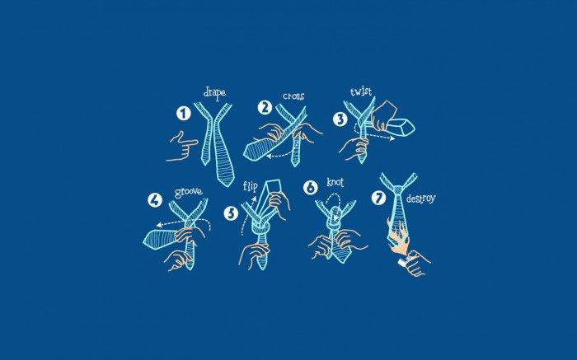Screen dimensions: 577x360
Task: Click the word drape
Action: coord(214,92)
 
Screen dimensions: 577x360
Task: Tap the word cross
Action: coord(293,96)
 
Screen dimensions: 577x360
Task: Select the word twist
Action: coord(361,91)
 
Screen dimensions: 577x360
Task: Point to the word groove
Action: coord(189,192)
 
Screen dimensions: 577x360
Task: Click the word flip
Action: coord(251,186)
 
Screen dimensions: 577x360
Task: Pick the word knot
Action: coord(335,182)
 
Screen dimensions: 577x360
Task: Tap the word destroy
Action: coord(420,199)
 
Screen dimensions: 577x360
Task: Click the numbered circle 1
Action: coord(183,113)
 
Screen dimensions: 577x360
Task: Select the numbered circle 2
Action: coord(265,107)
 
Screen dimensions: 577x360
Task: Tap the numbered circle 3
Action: coord(340,119)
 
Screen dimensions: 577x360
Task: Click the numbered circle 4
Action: coord(155,200)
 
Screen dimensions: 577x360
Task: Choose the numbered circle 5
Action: coord(231,213)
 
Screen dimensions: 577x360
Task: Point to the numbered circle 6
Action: coord(310,188)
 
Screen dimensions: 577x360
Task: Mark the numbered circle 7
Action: coord(378,199)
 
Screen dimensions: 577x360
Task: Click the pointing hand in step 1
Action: coord(182,146)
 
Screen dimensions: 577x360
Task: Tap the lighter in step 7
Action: coord(403,262)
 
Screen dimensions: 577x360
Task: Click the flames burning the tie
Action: coord(397,237)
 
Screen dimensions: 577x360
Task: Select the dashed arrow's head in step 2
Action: coord(269,156)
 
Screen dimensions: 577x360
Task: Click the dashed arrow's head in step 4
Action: coord(160,225)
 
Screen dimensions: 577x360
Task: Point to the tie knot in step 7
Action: coord(398,190)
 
